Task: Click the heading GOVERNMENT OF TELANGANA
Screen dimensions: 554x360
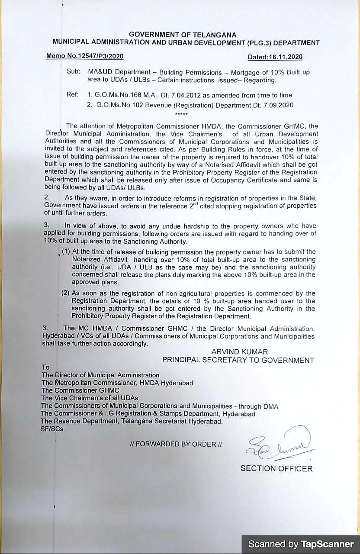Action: click(x=183, y=35)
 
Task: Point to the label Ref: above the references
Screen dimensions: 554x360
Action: click(x=72, y=95)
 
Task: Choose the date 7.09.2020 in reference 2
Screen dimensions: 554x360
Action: click(x=274, y=105)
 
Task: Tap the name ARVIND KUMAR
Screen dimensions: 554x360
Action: click(x=239, y=352)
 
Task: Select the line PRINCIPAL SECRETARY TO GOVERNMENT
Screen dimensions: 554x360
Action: click(x=238, y=360)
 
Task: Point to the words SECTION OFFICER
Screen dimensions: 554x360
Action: click(x=276, y=468)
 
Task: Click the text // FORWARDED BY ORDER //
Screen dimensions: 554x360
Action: click(x=176, y=444)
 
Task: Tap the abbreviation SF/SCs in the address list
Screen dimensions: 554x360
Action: click(x=51, y=428)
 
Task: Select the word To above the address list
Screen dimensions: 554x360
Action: click(x=45, y=367)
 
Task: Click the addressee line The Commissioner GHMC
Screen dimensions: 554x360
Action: click(x=80, y=390)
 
